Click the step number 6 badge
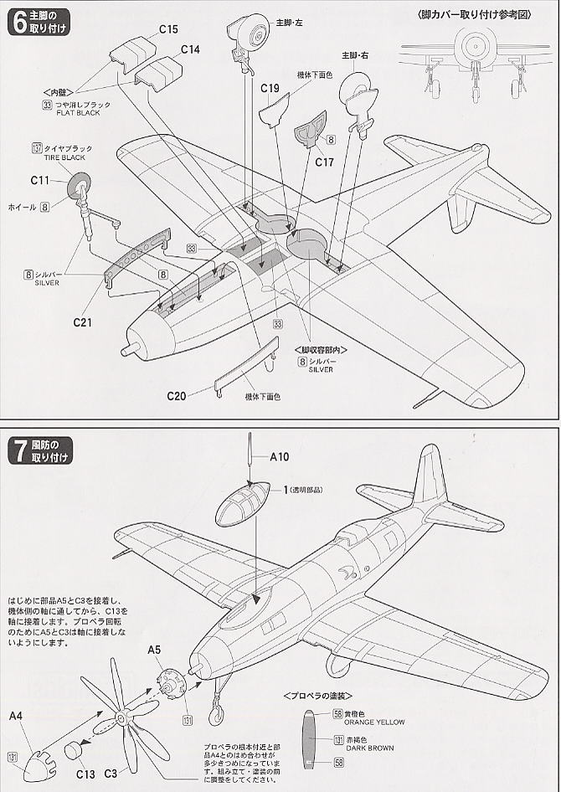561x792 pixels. pos(18,23)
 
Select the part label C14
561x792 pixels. pos(190,49)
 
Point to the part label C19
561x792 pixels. pos(270,88)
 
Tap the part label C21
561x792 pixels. pos(82,321)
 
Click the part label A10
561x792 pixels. pos(280,457)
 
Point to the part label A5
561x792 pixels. pos(154,649)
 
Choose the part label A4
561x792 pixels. pos(16,716)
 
